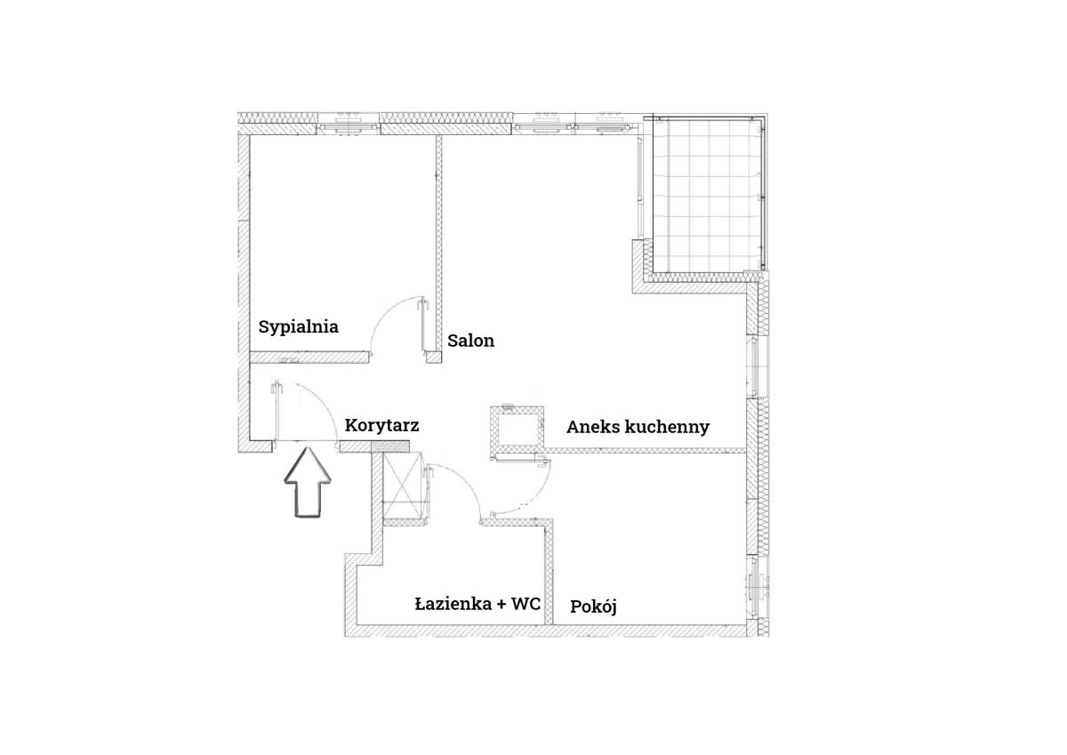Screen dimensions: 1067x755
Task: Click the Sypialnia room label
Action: coord(298,327)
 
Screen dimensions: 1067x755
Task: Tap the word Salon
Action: coord(470,341)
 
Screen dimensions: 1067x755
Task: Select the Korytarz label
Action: coord(381,425)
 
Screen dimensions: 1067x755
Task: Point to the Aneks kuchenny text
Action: coord(638,427)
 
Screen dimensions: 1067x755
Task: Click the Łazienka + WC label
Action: coord(477,604)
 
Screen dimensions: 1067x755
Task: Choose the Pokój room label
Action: coord(593,606)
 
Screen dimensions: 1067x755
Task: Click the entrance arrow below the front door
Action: coord(308,482)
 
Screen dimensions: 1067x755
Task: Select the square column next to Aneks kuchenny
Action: coord(517,432)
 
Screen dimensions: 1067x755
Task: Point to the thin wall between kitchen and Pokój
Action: coord(645,450)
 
